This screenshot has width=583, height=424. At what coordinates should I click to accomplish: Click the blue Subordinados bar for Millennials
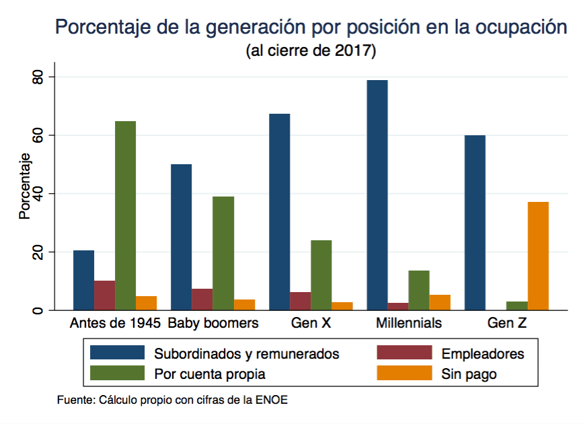[378, 195]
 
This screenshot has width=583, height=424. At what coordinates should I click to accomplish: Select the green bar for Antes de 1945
[125, 215]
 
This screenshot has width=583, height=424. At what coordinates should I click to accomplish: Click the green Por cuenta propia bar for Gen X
[321, 275]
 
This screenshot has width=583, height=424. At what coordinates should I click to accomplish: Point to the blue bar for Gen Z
[475, 223]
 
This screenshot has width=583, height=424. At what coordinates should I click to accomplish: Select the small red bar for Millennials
[398, 307]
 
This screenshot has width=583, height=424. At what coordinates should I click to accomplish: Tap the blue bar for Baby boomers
[181, 237]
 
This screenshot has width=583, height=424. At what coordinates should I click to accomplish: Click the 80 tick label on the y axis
[39, 77]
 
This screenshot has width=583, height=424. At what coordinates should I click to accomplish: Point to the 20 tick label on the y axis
[39, 252]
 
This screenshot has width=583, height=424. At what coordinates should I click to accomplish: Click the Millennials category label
[409, 323]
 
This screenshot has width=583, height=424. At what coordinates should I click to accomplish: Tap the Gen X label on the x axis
[311, 323]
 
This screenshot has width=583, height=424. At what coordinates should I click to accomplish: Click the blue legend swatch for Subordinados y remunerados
[118, 353]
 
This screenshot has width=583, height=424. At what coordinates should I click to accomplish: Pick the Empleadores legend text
[482, 353]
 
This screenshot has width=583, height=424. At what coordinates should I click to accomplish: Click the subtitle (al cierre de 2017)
[311, 51]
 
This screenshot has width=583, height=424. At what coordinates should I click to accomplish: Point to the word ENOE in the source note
[272, 400]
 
